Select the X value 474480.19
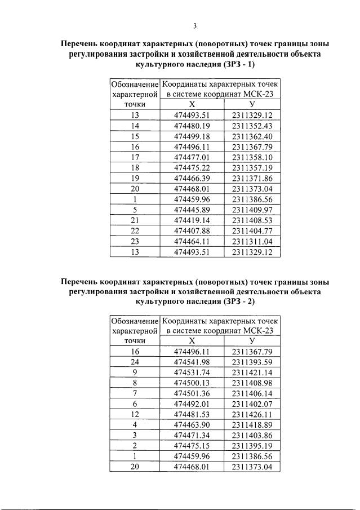coord(192,126)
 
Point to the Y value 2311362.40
coord(252,137)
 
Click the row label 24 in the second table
coord(135,362)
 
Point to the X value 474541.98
coord(192,362)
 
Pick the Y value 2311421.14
coord(252,373)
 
